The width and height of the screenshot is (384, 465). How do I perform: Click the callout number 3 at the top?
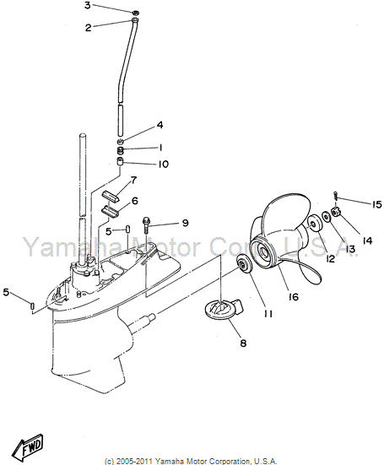(x=87, y=5)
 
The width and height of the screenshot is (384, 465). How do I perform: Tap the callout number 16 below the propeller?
(x=293, y=296)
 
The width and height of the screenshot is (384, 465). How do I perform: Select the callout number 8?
(x=243, y=343)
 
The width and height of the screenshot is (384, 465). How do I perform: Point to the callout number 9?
(x=186, y=223)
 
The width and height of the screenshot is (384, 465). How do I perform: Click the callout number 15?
(x=376, y=204)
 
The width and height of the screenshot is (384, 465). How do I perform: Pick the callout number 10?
(x=163, y=164)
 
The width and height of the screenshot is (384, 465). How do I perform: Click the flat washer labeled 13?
(x=326, y=216)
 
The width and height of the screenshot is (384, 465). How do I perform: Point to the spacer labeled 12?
(x=313, y=225)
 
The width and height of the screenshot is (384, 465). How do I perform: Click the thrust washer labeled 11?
(x=243, y=264)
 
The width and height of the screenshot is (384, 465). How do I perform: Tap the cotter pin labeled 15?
(x=335, y=197)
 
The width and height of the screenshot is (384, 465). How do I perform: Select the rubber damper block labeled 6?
(x=111, y=211)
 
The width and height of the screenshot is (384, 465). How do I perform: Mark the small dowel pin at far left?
(x=33, y=305)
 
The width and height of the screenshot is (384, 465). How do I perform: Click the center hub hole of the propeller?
(x=263, y=252)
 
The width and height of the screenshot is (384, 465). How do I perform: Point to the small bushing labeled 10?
(x=120, y=162)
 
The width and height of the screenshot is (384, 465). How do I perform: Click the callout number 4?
(x=160, y=125)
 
